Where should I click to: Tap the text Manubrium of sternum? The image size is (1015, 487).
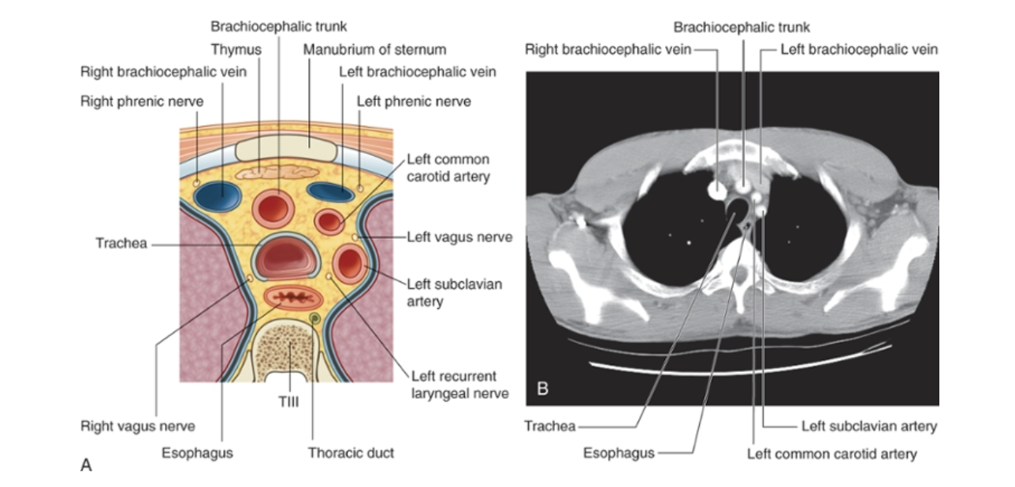point(374,50)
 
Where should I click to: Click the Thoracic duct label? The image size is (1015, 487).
point(351,452)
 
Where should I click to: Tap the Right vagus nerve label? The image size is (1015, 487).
point(137,426)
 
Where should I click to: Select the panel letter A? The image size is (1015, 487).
point(86,466)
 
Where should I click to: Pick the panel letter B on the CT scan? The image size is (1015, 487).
point(542,388)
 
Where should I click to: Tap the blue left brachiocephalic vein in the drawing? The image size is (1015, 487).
point(329,191)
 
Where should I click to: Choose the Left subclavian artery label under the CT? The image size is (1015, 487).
point(868,426)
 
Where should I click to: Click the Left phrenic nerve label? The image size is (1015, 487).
point(414,101)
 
